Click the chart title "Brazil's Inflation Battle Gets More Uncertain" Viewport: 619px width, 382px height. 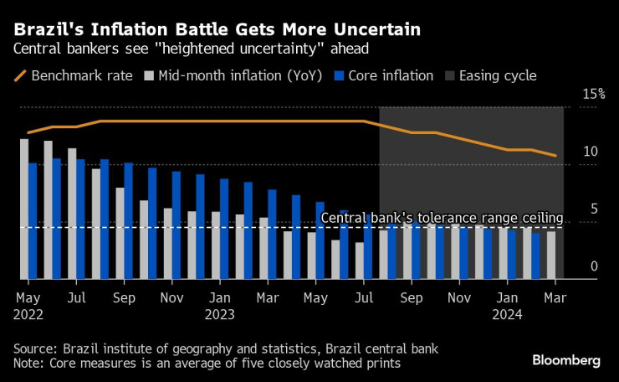217,31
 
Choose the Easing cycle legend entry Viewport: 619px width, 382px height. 497,75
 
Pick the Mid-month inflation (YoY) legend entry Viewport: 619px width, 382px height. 232,75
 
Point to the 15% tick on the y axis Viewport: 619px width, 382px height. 593,94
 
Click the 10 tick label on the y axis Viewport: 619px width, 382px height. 592,152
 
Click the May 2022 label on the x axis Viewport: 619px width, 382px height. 28,306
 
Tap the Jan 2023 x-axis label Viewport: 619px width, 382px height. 220,306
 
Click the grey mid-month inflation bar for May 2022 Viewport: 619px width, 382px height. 23,209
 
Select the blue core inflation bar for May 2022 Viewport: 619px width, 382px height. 33,220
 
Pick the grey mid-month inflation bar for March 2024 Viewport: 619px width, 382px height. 551,255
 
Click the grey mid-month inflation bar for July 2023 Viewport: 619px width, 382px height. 359,261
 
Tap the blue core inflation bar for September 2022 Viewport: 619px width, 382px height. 128,220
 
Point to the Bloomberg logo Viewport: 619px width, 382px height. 566,360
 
